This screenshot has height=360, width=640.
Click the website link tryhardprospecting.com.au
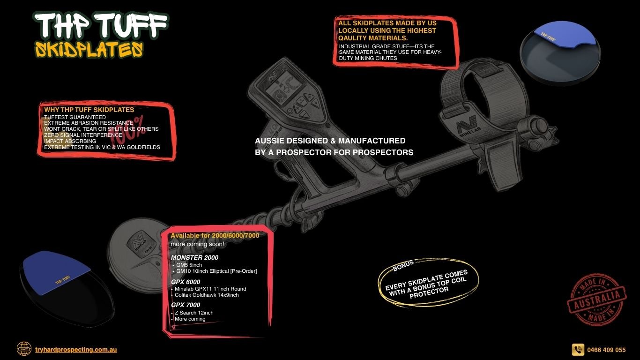pos(76,349)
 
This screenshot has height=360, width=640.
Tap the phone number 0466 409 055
pos(606,350)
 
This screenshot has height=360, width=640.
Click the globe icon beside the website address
pos(24,349)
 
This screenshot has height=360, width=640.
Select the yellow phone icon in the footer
pos(578,349)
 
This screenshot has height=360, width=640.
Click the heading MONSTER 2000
pos(194,257)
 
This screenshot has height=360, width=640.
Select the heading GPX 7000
pos(186,305)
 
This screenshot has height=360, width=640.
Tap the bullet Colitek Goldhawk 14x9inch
pos(207,295)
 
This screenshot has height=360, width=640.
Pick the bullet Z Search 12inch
pos(194,313)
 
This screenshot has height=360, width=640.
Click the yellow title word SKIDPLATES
pos(89,50)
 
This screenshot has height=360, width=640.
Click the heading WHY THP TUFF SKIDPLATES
pos(89,110)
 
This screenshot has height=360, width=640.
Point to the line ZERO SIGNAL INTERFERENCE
pos(83,135)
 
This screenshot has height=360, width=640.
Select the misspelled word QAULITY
pos(353,38)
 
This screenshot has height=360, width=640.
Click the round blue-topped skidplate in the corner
pos(560,53)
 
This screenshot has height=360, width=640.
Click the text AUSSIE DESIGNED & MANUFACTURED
pos(330,141)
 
